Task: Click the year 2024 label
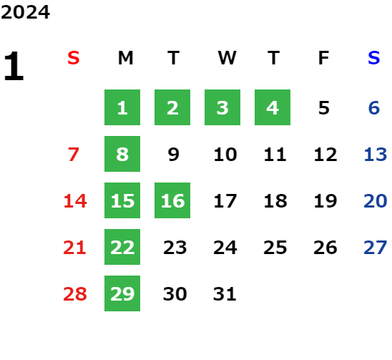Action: tap(25, 12)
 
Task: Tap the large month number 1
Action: tap(14, 66)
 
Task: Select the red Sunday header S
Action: tap(74, 58)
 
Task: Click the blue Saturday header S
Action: tap(374, 58)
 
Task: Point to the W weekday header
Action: tap(227, 58)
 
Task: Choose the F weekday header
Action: tap(324, 58)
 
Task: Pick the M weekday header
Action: tap(125, 58)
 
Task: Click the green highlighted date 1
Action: tap(122, 107)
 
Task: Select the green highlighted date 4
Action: tap(273, 107)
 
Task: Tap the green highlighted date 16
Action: tap(172, 200)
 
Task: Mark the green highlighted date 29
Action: tap(122, 293)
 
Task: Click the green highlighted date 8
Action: tap(122, 154)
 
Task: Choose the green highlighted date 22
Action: tap(122, 247)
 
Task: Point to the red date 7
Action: tap(74, 155)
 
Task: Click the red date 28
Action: tap(75, 294)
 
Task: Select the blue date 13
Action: tap(376, 155)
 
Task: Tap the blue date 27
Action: tap(376, 248)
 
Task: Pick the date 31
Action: tap(225, 294)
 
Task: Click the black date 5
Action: tap(324, 108)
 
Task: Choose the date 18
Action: tap(275, 201)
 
